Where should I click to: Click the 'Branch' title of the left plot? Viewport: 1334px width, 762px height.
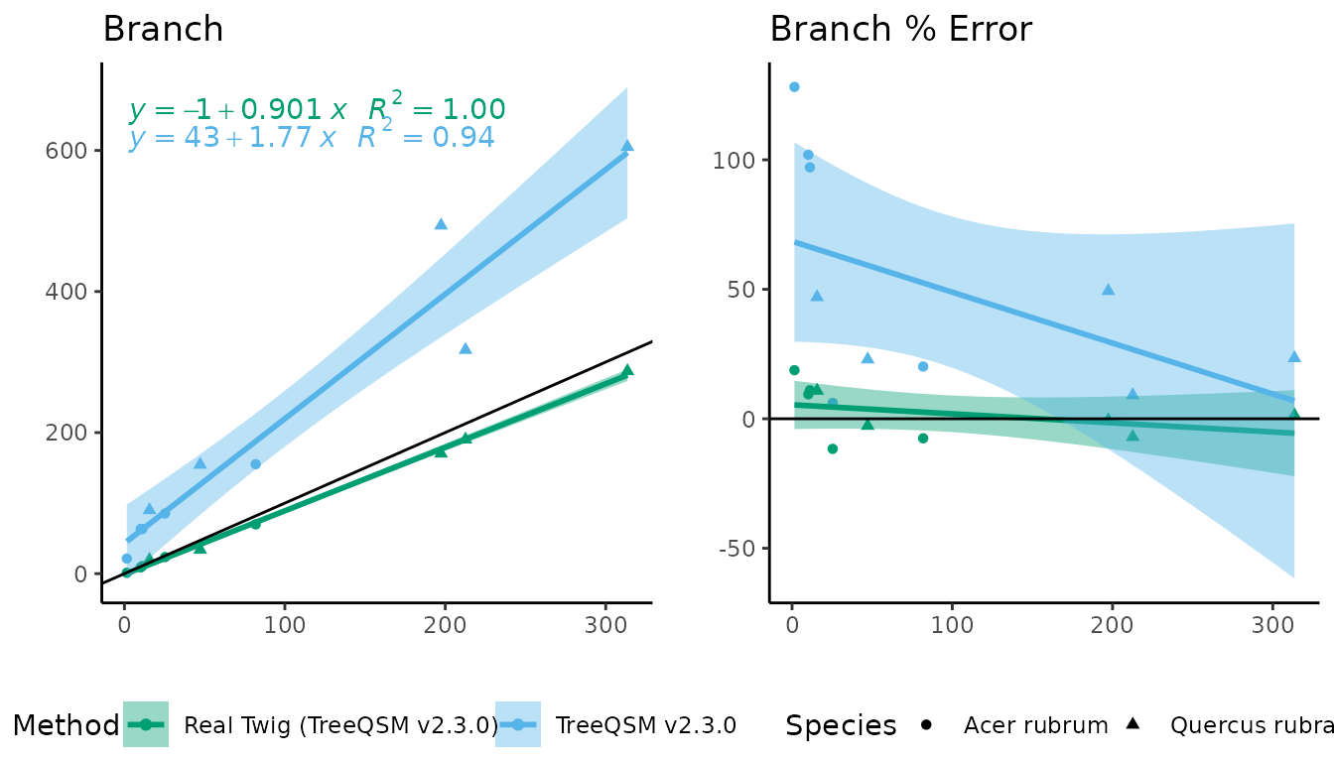click(x=163, y=30)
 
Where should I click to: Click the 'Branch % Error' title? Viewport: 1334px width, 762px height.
click(x=900, y=30)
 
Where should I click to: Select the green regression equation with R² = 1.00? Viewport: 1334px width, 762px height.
click(x=317, y=110)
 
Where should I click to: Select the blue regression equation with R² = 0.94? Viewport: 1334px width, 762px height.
click(x=311, y=137)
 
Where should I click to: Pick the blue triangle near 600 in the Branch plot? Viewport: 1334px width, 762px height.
click(x=627, y=146)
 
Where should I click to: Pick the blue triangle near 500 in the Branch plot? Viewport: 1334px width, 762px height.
click(x=441, y=224)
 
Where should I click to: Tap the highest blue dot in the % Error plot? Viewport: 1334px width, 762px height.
click(x=794, y=87)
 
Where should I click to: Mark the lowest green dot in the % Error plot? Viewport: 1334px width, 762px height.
click(x=833, y=449)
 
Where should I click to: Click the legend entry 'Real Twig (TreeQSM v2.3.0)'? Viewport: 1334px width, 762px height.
click(x=340, y=725)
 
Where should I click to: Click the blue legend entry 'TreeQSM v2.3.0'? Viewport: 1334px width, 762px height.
click(x=645, y=725)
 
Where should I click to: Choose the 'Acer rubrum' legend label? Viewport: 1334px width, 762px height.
click(x=1035, y=725)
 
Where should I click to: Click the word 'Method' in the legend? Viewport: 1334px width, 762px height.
click(x=66, y=725)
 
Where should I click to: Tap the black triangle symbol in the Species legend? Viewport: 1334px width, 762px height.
click(x=1133, y=723)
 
